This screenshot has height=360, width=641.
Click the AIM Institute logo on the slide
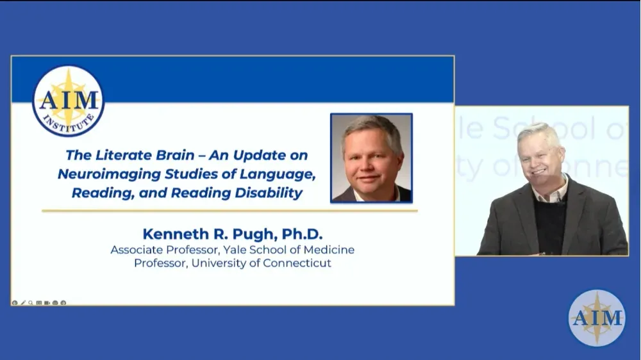(x=68, y=101)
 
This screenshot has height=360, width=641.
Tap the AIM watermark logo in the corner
(x=597, y=318)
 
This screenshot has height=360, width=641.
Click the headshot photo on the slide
(x=371, y=158)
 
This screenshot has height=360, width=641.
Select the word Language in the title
(x=283, y=174)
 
